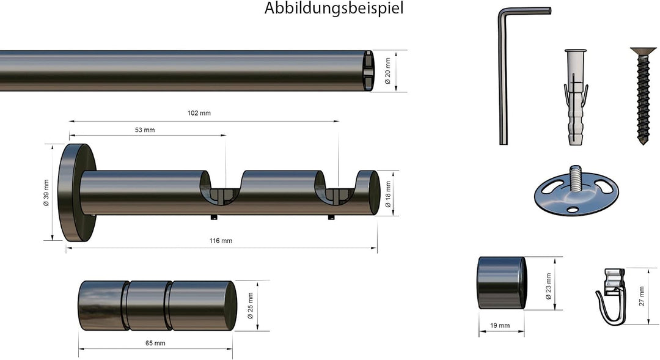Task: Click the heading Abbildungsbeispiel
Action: click(334, 8)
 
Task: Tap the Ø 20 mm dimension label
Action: click(387, 71)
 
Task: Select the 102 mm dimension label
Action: click(199, 113)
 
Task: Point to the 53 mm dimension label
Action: click(145, 130)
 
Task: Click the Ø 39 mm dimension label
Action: click(46, 193)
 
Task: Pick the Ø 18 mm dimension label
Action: click(388, 194)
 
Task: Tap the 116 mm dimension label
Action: click(221, 241)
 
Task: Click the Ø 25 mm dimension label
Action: click(251, 306)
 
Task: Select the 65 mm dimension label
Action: click(155, 343)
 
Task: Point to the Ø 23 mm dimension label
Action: click(548, 286)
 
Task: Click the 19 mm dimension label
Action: click(500, 326)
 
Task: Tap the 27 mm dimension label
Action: click(642, 296)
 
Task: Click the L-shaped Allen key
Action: click(504, 76)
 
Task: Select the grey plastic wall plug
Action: click(575, 97)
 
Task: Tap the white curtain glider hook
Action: click(613, 297)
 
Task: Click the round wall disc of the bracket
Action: click(77, 193)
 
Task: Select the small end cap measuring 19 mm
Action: click(502, 283)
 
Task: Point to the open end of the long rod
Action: click(368, 71)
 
